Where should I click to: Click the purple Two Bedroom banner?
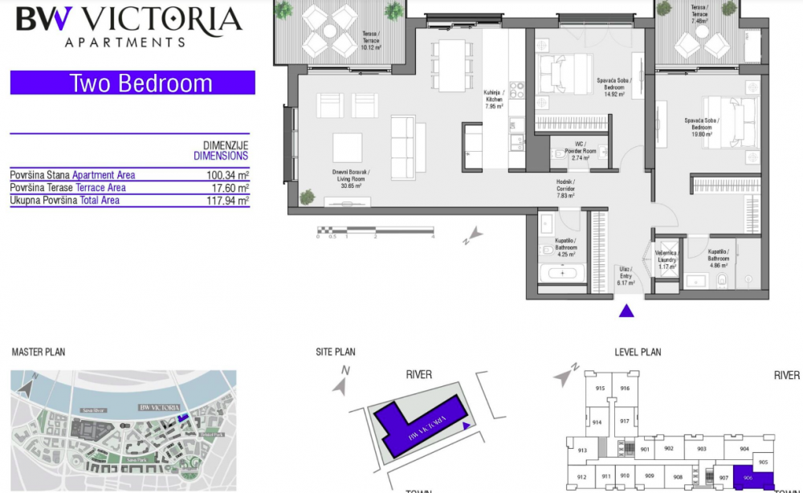point(132,84)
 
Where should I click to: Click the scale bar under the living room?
point(375,233)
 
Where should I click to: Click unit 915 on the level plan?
point(599,389)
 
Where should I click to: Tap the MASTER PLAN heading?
point(39,352)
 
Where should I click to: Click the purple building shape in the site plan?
point(418,422)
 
